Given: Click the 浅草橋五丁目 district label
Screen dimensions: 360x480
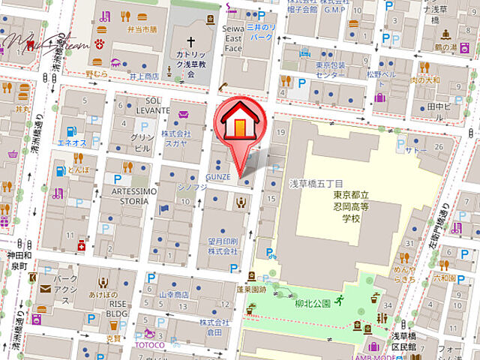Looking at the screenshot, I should pos(316,184).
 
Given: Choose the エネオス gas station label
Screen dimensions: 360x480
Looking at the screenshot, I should pos(73,142).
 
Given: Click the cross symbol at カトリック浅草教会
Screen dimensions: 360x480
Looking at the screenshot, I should pos(190,42).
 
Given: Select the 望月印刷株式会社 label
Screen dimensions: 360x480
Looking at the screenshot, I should pos(223,246).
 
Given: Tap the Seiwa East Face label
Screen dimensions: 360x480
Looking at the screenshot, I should pos(233,37).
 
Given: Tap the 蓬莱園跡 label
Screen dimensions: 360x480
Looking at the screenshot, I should pos(252,287).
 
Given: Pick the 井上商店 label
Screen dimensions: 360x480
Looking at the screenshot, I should pos(143,76).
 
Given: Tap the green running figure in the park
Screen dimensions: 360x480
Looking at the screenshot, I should pos(339,301).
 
